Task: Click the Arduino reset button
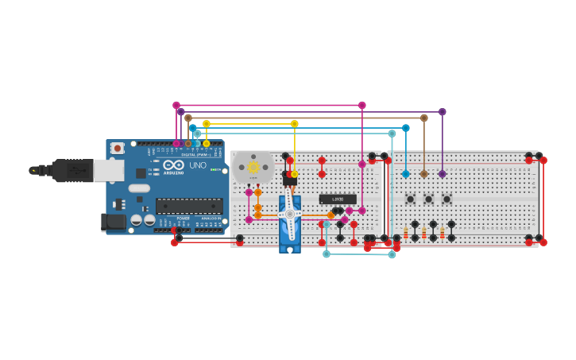[117, 148]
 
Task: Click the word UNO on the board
[197, 165]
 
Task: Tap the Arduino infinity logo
[173, 165]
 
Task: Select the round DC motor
[253, 168]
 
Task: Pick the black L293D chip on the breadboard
[338, 199]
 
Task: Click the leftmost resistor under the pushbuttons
[405, 233]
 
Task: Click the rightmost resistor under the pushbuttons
[443, 233]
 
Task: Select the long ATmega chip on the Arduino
[189, 205]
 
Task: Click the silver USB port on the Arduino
[109, 170]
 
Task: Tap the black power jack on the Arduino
[114, 222]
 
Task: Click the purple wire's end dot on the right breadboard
[443, 173]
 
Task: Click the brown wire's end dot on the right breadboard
[423, 173]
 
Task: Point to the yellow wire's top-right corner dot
[295, 123]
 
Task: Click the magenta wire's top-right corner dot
[362, 105]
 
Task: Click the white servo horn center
[290, 214]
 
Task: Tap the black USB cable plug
[72, 170]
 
